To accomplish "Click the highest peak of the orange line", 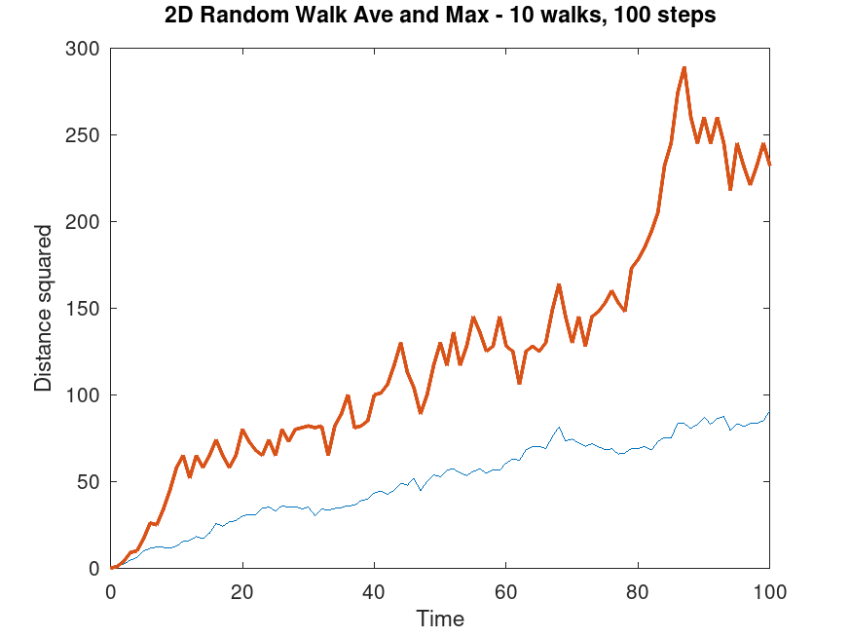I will (684, 68).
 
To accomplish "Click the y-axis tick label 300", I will (85, 49).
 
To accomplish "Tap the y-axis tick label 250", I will (85, 135).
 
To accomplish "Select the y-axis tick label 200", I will (85, 222).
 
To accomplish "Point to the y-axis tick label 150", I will (85, 309).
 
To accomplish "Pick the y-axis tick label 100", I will (85, 395).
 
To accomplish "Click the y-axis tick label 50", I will (90, 482).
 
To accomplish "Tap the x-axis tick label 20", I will (242, 590).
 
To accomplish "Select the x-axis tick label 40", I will (374, 590).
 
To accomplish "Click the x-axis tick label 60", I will (506, 590).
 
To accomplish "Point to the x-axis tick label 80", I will (638, 590).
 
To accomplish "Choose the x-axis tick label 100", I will (769, 590).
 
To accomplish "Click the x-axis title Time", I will (440, 619).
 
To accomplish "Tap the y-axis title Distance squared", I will (43, 309).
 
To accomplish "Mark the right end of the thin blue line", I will (769, 412).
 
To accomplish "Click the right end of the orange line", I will (769, 165).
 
